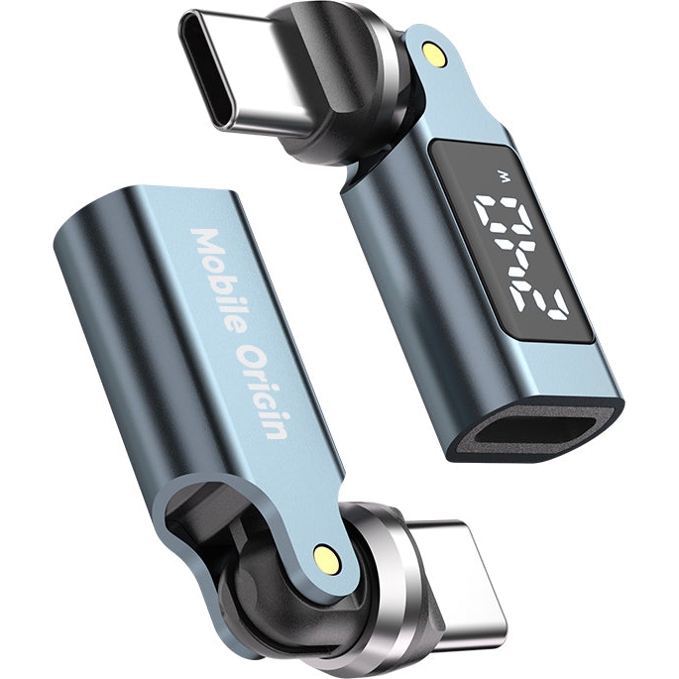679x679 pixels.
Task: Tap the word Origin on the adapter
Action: [x=264, y=392]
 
